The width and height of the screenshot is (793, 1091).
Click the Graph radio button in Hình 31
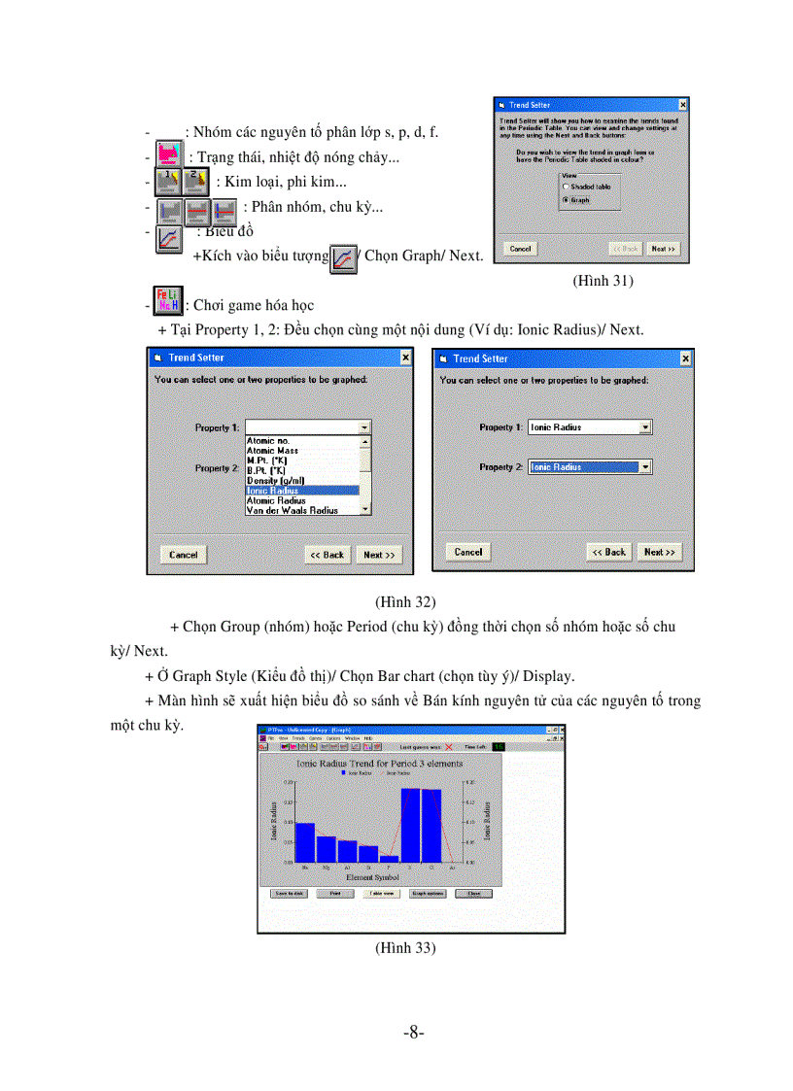(566, 200)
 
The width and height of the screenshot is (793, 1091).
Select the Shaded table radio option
(566, 186)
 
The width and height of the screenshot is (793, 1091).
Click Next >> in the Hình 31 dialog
(664, 249)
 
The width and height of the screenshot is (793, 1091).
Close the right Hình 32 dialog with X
(686, 358)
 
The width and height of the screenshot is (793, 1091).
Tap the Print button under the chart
(335, 893)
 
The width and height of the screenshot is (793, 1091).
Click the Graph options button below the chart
(428, 893)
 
